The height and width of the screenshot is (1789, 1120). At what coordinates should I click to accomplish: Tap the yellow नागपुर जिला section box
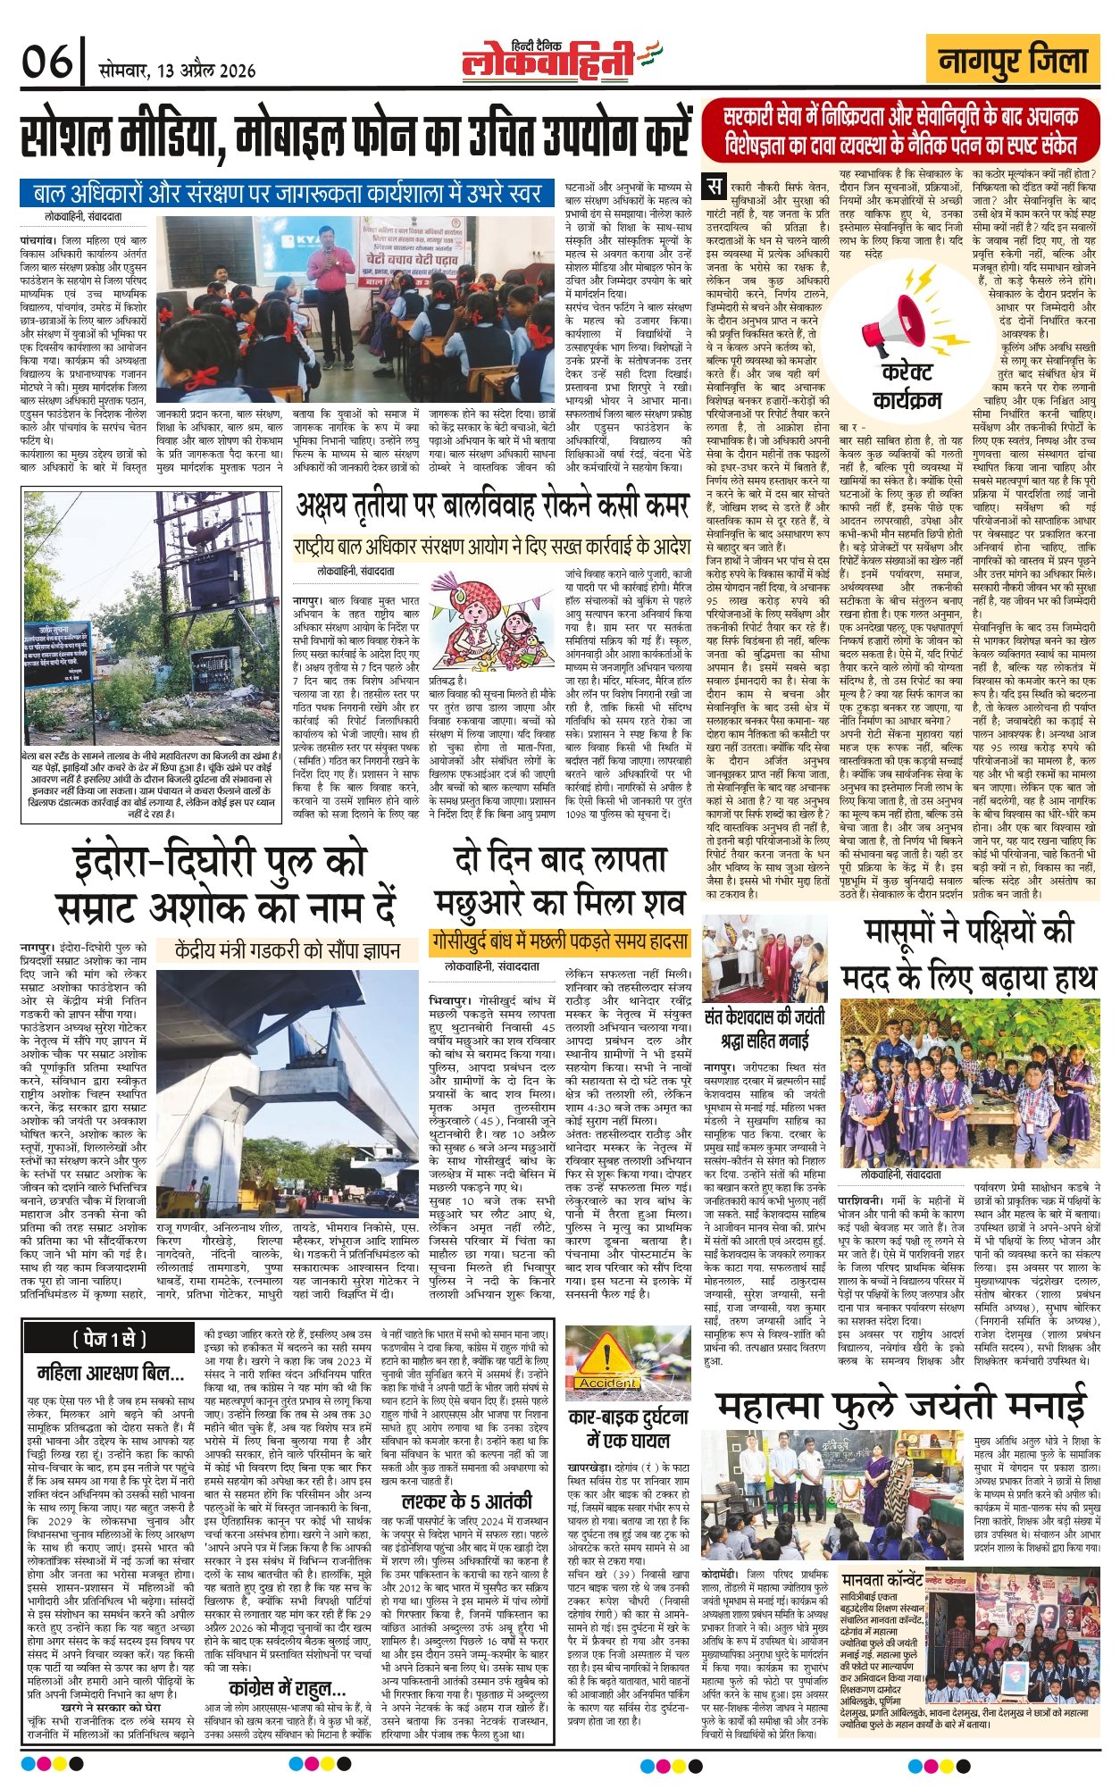[x=1013, y=62]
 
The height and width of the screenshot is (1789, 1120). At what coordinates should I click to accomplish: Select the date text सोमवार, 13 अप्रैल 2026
[x=178, y=71]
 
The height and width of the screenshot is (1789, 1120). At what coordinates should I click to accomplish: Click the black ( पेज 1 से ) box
[x=109, y=1340]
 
